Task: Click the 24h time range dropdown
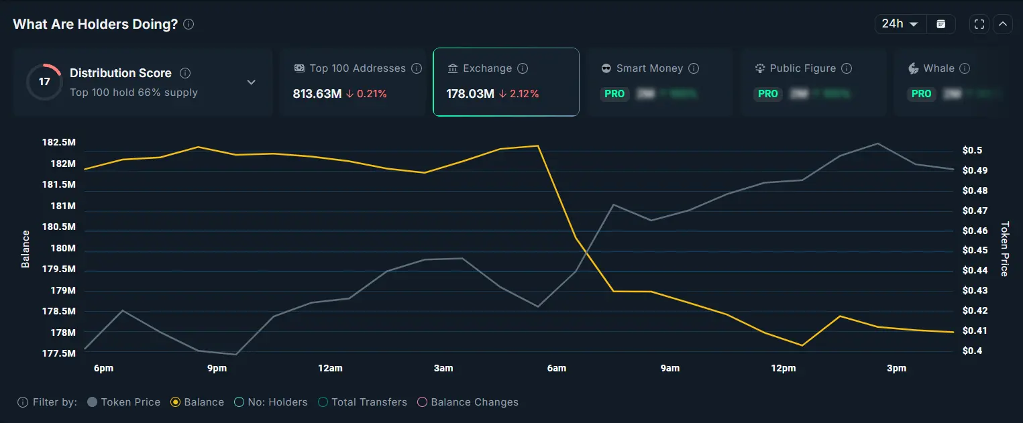pyautogui.click(x=900, y=24)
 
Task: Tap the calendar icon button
pyautogui.click(x=941, y=24)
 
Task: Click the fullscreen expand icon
pyautogui.click(x=979, y=24)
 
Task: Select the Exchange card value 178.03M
pyautogui.click(x=470, y=94)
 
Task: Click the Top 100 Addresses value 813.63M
pyautogui.click(x=317, y=94)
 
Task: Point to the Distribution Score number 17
pyautogui.click(x=44, y=82)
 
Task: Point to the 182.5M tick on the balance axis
pyautogui.click(x=58, y=143)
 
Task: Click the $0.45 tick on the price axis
pyautogui.click(x=975, y=250)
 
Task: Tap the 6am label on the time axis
pyautogui.click(x=556, y=368)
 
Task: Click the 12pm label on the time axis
pyautogui.click(x=783, y=368)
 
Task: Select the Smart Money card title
pyautogui.click(x=649, y=68)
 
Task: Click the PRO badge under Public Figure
pyautogui.click(x=768, y=94)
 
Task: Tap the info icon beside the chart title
pyautogui.click(x=189, y=24)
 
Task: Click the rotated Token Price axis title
pyautogui.click(x=1004, y=249)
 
